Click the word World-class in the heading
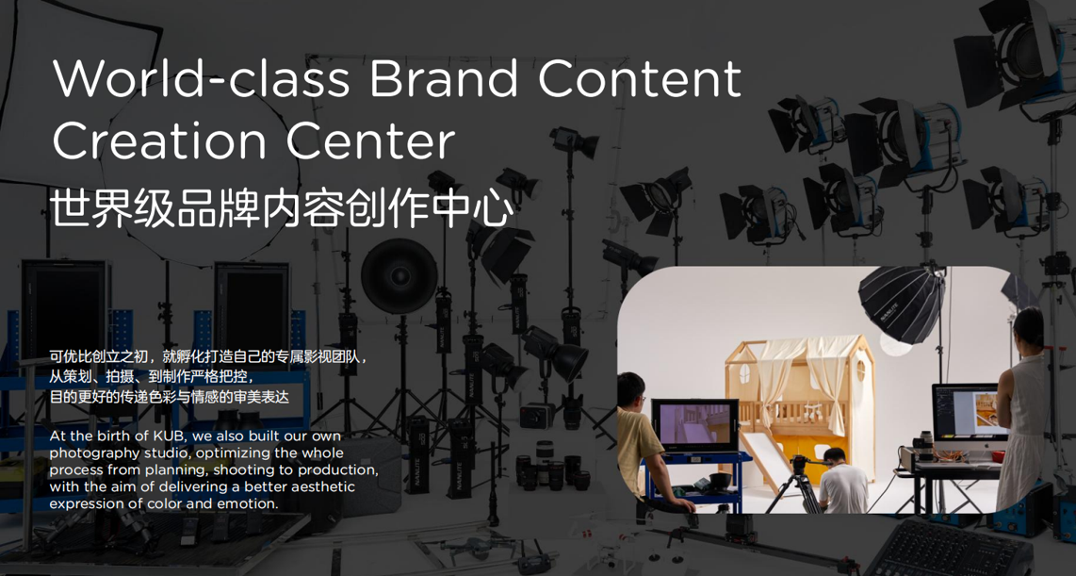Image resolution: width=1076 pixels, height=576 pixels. [x=201, y=77]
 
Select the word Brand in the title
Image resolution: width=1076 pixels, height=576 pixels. [x=444, y=77]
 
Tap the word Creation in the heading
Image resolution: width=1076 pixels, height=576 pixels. [x=159, y=140]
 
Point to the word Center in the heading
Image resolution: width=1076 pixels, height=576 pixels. [x=370, y=140]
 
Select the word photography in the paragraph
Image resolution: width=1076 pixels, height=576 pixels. [x=90, y=453]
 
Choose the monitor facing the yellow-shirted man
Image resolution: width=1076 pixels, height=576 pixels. [x=694, y=424]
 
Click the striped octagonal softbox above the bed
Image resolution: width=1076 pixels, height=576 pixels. [x=901, y=302]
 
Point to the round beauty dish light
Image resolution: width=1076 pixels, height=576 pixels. [x=399, y=276]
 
